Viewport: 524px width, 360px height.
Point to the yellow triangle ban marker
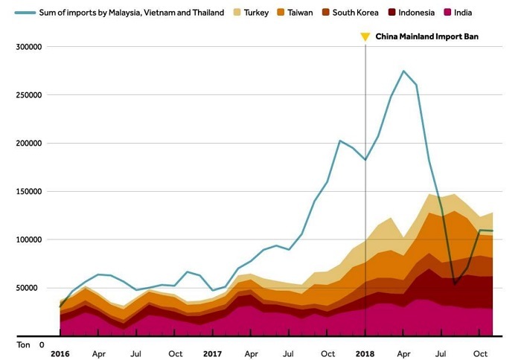tap(365, 36)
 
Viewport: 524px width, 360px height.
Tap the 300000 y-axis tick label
tap(28, 47)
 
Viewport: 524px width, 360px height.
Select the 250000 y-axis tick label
tap(28, 95)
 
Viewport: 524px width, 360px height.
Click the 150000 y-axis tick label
tap(28, 191)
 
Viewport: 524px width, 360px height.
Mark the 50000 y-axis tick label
tap(31, 288)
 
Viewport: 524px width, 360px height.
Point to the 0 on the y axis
tap(42, 345)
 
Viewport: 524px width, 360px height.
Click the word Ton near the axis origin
tap(23, 345)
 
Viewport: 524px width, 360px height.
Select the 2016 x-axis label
tap(60, 354)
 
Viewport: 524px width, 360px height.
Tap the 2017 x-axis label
tap(212, 354)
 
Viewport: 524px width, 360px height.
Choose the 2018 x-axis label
tap(365, 354)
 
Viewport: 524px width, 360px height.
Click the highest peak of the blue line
tap(403, 71)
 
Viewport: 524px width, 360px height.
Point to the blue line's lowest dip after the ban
tap(455, 283)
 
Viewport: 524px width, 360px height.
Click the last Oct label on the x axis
tap(480, 354)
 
